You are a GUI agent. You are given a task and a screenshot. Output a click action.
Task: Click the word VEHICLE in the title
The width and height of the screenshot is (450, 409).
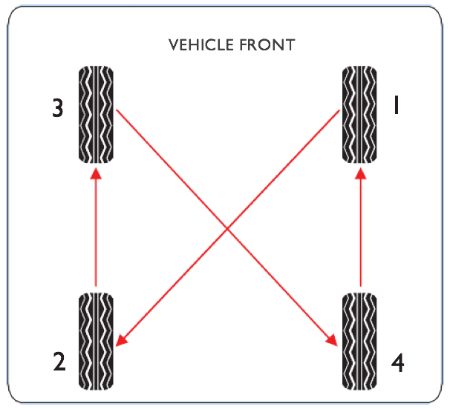[201, 45]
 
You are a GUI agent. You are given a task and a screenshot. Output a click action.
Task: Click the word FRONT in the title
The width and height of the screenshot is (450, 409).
[267, 45]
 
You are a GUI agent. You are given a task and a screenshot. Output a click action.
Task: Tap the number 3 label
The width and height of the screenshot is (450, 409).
[58, 108]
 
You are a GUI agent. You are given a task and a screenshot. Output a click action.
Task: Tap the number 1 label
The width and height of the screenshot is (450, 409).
[397, 105]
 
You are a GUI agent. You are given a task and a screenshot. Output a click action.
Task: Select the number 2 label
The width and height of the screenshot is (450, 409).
[59, 362]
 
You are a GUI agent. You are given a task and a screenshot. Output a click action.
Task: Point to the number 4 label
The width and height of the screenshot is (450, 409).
[398, 362]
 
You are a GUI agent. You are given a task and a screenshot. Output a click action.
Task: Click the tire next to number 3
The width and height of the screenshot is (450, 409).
[96, 115]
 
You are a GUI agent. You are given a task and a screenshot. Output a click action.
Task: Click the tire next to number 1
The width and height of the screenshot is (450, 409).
[359, 115]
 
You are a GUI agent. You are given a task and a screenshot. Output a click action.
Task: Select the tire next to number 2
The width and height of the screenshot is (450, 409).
[96, 341]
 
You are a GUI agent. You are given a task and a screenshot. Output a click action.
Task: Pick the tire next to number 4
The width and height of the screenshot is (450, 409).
[359, 341]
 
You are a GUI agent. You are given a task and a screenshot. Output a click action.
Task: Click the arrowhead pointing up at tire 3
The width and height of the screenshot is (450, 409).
[96, 173]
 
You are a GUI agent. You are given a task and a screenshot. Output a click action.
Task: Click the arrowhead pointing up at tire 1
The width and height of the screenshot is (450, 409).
[361, 173]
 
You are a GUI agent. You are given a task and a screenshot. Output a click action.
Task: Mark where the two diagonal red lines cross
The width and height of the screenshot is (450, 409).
[227, 228]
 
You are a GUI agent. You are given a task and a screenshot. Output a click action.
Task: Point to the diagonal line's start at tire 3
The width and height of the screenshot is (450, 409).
[117, 110]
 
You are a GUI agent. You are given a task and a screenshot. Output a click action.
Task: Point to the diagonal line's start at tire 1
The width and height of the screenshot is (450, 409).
[339, 110]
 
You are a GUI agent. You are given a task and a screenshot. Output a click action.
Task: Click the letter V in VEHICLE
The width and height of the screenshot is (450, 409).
[174, 45]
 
